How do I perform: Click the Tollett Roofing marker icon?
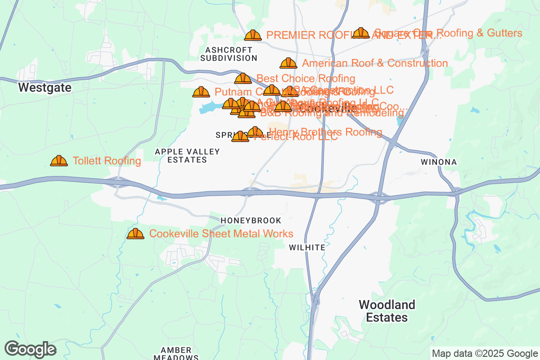point(59,161)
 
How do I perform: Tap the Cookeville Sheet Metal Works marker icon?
point(135,234)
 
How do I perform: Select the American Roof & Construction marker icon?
point(288,63)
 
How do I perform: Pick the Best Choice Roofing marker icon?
point(243,79)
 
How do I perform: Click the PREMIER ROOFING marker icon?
point(253,35)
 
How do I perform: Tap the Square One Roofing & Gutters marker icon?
point(361,33)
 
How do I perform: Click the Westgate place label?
point(45,88)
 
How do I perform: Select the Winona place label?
point(439,162)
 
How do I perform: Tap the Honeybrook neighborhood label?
point(251,220)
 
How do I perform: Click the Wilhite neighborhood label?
point(307,247)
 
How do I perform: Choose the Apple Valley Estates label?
point(187,156)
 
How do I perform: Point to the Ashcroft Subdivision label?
point(229,54)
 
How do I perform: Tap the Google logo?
point(30,349)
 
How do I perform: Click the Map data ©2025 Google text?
point(485,353)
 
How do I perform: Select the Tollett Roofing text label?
point(107,161)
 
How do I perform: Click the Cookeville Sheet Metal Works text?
point(221,234)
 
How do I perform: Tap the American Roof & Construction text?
point(375,63)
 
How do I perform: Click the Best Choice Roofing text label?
point(306,79)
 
